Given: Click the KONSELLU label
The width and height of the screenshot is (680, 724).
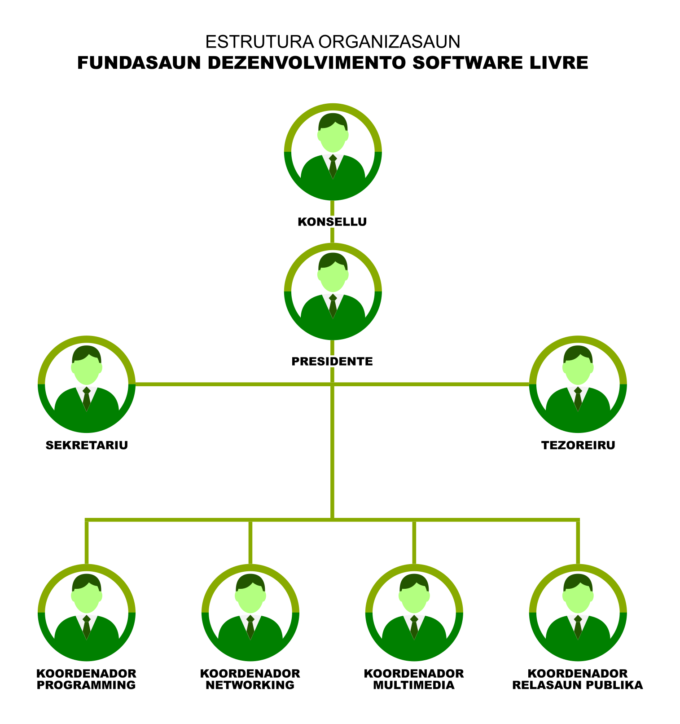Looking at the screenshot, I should (332, 222).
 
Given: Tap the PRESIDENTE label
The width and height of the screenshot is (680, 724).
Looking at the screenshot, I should (332, 362).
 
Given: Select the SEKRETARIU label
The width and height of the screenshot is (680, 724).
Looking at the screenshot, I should (87, 446).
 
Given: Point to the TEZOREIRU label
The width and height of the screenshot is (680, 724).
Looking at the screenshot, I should (578, 446).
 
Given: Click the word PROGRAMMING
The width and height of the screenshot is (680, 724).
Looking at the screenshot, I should (86, 685).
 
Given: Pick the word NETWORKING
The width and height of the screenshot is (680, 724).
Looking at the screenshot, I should (250, 685).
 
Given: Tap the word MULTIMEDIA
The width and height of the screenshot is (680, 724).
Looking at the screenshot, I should (414, 685).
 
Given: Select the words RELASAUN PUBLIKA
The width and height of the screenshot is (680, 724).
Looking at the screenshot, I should (578, 685).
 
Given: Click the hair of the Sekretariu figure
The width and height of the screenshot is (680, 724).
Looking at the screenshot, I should (87, 353).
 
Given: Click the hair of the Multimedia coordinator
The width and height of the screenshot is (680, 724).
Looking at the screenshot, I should (414, 581).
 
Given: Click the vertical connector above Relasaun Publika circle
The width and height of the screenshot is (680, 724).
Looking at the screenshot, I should (578, 541).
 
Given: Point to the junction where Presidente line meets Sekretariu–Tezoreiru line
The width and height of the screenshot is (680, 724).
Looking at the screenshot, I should (333, 384).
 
